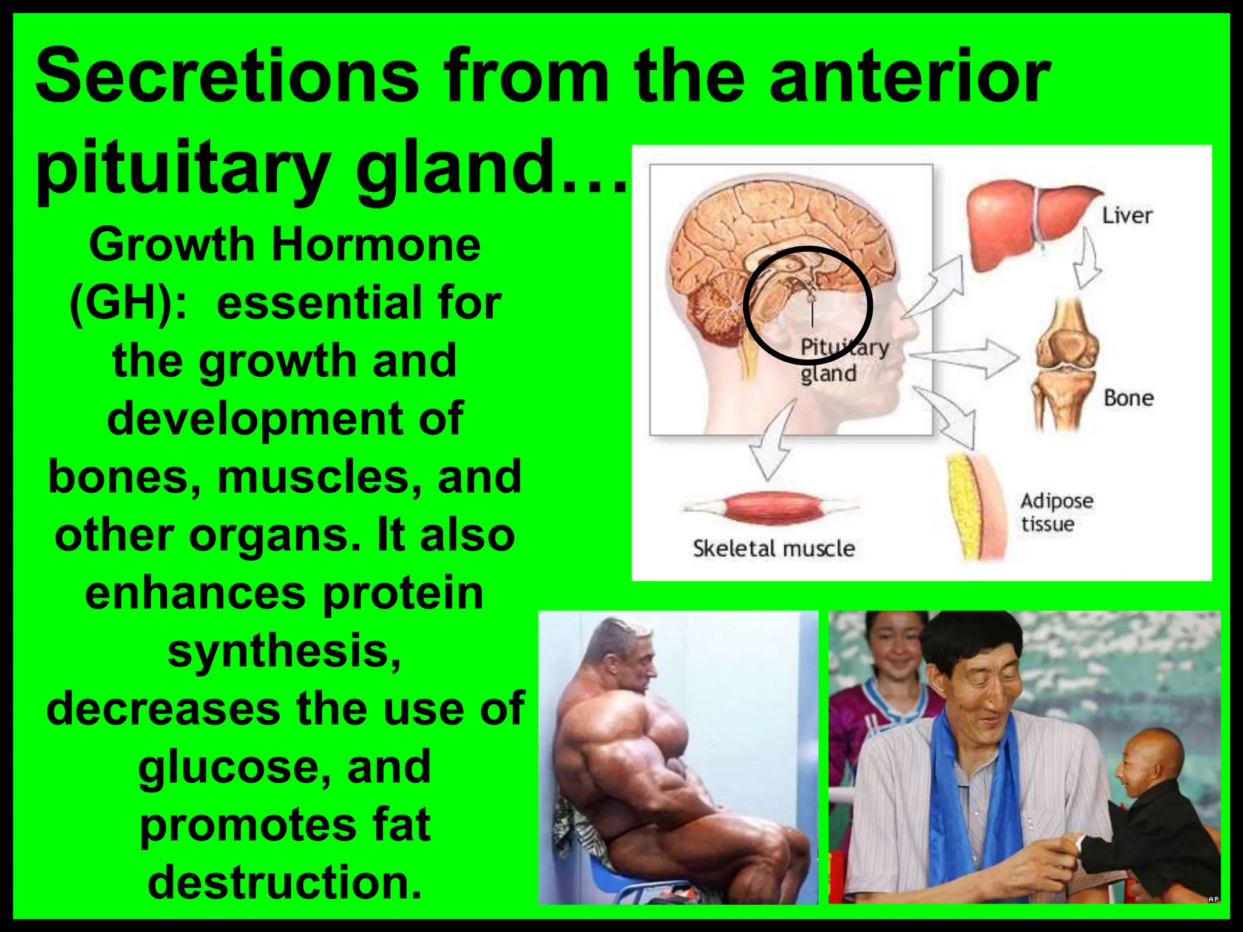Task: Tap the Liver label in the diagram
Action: click(x=1126, y=215)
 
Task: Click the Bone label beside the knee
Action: click(x=1128, y=398)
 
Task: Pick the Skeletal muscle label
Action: click(x=774, y=549)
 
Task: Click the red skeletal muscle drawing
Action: click(x=771, y=507)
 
